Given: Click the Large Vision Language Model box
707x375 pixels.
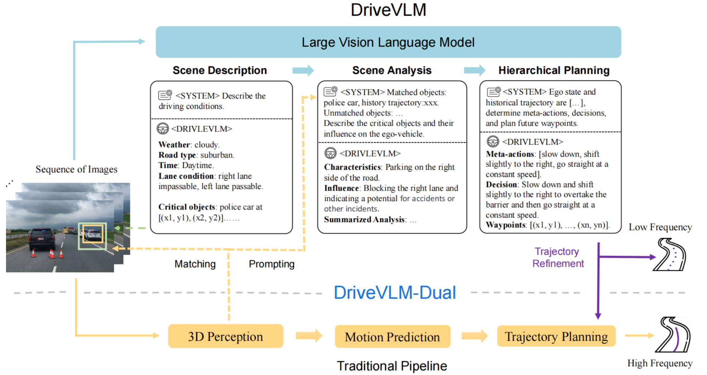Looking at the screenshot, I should tap(388, 42).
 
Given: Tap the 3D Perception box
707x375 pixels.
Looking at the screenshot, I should tap(225, 336).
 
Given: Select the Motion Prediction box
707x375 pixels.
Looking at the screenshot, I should tap(392, 337).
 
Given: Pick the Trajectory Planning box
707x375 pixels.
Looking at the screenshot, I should tap(556, 336).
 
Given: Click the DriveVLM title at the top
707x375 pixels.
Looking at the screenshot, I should tap(388, 10).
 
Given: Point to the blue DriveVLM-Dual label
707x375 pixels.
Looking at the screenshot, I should tap(395, 293).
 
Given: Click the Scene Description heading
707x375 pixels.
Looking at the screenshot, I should tap(220, 70).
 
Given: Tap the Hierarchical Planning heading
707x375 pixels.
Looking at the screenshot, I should tap(554, 70).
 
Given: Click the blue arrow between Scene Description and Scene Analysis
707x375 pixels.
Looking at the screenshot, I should tap(303, 70).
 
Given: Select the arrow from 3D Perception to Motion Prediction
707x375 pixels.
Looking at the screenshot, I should tap(309, 336).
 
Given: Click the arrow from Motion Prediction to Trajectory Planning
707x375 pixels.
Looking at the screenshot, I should tap(474, 336).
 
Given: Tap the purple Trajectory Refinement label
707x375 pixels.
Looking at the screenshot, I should tap(558, 258).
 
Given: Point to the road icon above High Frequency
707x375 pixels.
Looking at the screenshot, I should tap(673, 335).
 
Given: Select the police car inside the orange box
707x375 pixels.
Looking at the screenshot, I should tap(93, 234).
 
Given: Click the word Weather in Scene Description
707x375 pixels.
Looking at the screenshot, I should tap(174, 145).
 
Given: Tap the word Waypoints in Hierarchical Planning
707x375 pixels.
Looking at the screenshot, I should tap(505, 225).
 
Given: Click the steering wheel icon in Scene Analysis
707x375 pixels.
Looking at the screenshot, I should tap(330, 153).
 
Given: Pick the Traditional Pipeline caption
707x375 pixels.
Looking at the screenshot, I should tap(392, 366).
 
